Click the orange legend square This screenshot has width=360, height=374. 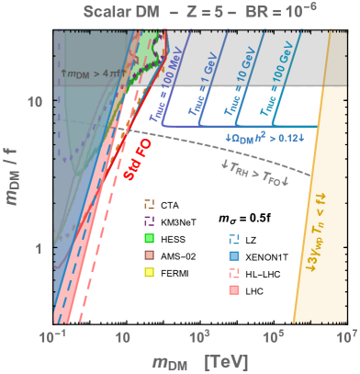click(149, 203)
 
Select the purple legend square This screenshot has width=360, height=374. click(149, 221)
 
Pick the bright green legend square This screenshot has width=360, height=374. click(149, 238)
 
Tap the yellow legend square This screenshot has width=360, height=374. click(149, 272)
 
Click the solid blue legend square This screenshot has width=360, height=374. click(234, 255)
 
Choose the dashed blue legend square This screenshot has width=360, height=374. click(234, 237)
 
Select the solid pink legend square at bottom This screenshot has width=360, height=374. click(234, 289)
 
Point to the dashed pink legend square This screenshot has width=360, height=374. click(234, 272)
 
